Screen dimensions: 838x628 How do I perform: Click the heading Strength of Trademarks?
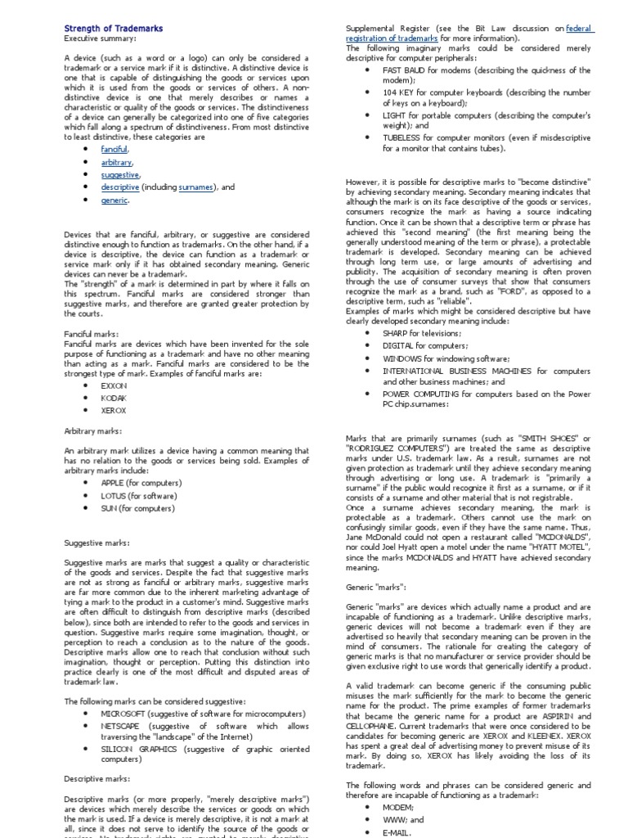tap(114, 29)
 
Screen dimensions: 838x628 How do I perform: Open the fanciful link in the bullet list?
tap(114, 150)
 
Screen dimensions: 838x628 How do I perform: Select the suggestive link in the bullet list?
tap(120, 174)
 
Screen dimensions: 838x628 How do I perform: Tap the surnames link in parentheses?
tap(196, 187)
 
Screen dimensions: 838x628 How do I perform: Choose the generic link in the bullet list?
tap(114, 200)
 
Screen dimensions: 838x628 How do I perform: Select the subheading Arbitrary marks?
tap(93, 430)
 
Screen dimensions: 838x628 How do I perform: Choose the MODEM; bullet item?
tap(398, 806)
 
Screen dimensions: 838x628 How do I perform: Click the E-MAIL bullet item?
tap(397, 831)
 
